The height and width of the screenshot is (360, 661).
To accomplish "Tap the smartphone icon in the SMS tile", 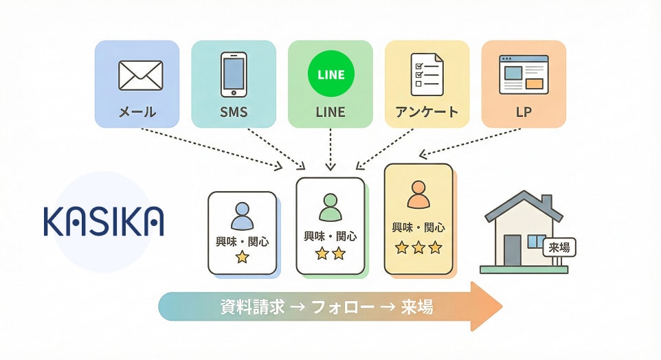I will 234,74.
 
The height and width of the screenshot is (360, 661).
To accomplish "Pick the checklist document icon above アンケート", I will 427,74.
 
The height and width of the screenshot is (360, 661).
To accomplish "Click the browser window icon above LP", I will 524,74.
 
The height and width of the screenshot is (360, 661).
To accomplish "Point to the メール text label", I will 137,112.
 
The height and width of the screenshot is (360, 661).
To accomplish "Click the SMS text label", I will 234,112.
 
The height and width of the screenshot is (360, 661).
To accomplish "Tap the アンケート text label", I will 427,112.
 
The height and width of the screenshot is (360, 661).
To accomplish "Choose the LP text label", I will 524,112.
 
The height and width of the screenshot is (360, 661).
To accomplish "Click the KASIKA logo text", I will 103,220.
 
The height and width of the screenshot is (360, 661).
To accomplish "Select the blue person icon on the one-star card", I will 242,216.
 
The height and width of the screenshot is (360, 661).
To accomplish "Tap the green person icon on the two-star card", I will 330,205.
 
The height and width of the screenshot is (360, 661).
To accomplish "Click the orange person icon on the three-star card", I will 418,194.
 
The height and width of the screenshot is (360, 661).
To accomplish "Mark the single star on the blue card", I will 242,258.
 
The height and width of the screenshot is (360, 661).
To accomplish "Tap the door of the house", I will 512,250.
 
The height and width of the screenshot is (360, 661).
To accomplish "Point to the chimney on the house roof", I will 546,203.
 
